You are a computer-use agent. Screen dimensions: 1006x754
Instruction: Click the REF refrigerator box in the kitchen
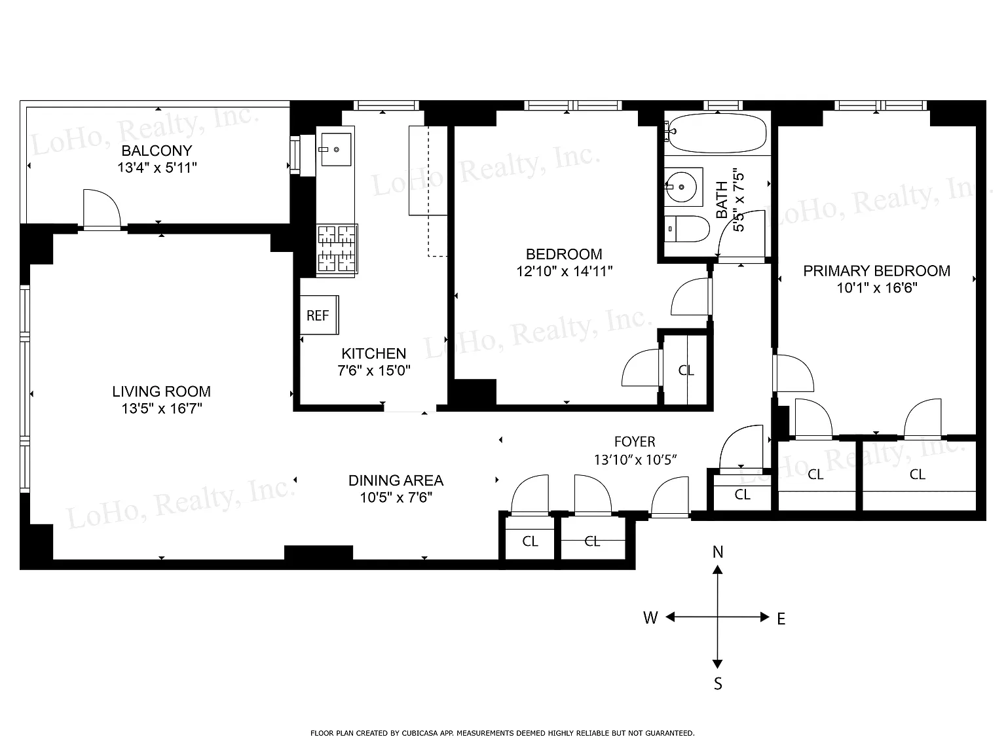320,315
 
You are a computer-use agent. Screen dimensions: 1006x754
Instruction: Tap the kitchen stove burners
337,249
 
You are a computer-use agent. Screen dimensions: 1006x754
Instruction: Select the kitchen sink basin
337,149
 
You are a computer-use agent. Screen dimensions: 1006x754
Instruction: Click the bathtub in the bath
717,133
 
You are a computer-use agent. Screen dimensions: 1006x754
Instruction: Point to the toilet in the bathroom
687,228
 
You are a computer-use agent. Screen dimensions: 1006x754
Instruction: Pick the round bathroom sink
682,187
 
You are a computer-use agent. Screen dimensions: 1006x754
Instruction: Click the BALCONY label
157,151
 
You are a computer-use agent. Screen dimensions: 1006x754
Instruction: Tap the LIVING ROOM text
162,391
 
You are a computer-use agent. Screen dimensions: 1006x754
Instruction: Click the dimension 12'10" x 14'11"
564,272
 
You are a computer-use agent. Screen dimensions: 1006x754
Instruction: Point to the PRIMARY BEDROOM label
877,271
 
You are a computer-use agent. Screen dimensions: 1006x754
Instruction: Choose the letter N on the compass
718,552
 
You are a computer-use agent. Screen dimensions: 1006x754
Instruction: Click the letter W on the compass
650,618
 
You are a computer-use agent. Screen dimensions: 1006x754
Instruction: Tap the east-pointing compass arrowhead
765,617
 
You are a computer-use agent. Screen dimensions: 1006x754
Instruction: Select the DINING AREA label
396,480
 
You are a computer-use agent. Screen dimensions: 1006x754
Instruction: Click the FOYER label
635,442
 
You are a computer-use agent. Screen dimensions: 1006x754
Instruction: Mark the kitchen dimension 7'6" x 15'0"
374,370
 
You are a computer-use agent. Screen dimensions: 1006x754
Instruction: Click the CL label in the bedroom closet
686,370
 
